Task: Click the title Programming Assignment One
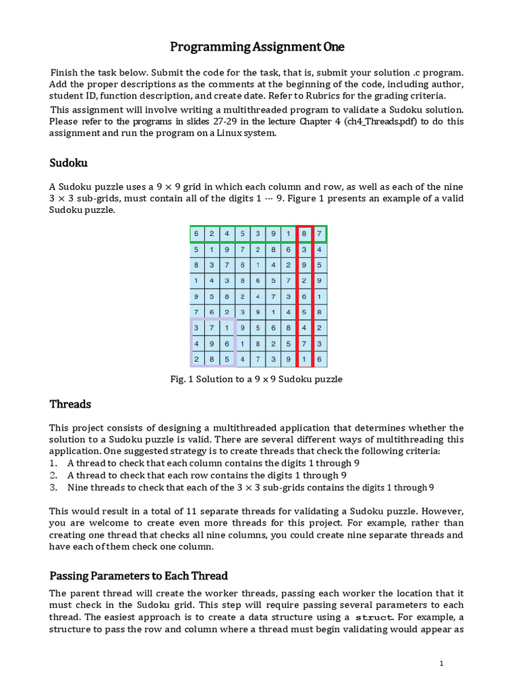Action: point(258,46)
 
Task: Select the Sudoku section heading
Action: point(68,163)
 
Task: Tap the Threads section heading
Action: point(70,404)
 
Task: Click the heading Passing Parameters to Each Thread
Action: point(138,575)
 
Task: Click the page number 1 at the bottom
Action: point(441,664)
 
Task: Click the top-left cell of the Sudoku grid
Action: point(198,234)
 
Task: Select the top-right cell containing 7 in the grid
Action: point(320,234)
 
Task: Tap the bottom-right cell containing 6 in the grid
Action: point(320,359)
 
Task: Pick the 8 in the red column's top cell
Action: point(304,234)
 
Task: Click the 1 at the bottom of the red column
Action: point(304,359)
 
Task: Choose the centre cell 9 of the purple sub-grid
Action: point(212,344)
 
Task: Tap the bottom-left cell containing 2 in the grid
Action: point(198,359)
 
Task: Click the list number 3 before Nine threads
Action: point(53,487)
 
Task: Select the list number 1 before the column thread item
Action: point(53,463)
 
